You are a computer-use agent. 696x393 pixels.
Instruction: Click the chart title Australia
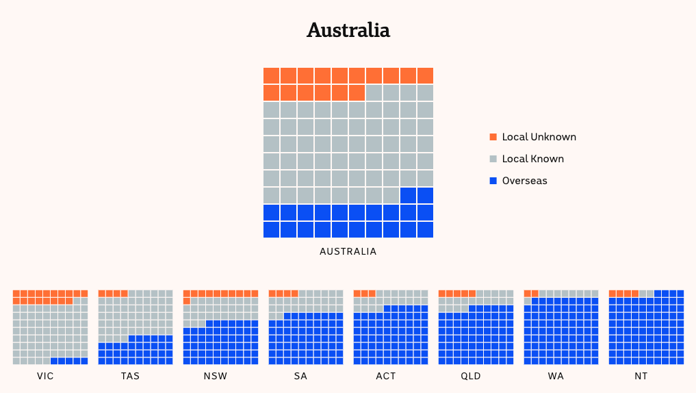[348, 30]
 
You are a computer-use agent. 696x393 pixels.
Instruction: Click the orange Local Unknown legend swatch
[493, 137]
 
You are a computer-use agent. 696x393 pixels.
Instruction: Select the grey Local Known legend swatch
[493, 159]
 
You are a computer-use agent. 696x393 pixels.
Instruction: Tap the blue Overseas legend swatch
[493, 181]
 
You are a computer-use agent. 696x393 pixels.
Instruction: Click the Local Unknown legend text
[539, 137]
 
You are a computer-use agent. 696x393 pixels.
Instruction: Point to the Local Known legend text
[532, 159]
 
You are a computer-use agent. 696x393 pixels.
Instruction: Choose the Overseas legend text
[524, 181]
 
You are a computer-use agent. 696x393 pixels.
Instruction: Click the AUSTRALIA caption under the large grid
[348, 251]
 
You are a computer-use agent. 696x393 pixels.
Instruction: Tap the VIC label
[46, 377]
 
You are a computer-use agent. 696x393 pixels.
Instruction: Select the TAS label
[130, 377]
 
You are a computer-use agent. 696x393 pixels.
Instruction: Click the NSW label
[216, 377]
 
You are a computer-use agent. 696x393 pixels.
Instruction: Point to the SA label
[300, 377]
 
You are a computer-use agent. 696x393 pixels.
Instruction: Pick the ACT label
[386, 377]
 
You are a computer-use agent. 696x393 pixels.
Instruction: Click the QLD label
[471, 377]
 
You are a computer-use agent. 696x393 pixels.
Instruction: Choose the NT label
[641, 377]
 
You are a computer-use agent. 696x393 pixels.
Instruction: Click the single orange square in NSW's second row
[187, 301]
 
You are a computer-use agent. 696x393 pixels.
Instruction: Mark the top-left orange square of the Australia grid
[271, 75]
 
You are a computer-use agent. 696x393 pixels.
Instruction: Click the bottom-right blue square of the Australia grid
[425, 229]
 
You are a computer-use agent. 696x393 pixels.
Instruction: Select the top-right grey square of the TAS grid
[169, 293]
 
